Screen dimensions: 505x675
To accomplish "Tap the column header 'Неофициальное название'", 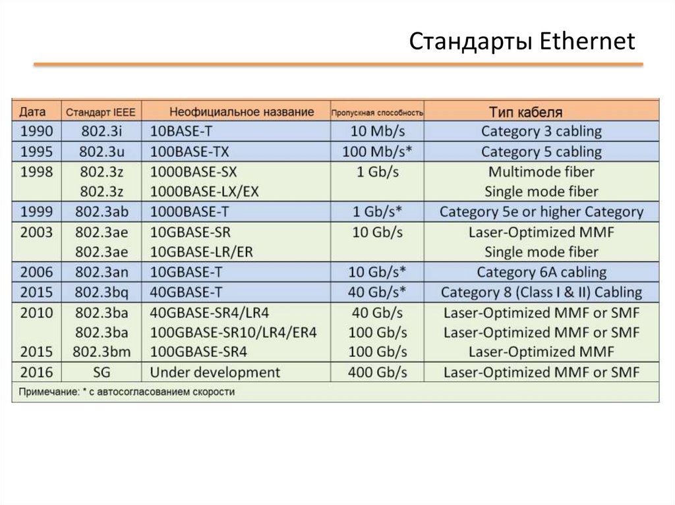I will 241,111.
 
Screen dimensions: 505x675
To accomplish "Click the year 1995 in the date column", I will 36,152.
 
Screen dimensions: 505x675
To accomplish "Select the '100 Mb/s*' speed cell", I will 378,152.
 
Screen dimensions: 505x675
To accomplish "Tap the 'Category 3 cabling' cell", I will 541,131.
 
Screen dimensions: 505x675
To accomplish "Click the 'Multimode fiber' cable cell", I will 541,173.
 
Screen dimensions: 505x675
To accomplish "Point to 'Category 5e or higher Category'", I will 541,212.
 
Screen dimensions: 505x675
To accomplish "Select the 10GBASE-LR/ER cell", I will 202,252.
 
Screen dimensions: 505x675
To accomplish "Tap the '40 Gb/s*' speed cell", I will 378,292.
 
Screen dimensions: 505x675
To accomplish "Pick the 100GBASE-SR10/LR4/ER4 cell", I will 233,332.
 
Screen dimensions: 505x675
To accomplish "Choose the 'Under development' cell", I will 215,373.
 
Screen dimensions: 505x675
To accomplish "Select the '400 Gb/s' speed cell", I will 378,373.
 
